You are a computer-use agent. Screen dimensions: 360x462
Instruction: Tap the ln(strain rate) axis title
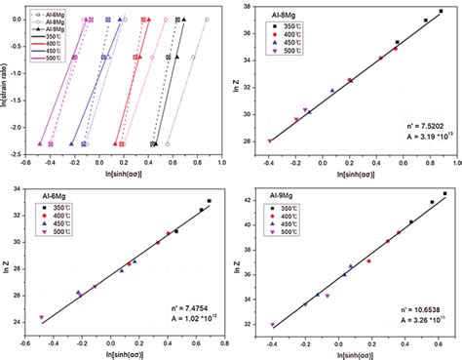7,88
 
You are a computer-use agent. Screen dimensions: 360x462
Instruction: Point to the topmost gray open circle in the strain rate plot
206,20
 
